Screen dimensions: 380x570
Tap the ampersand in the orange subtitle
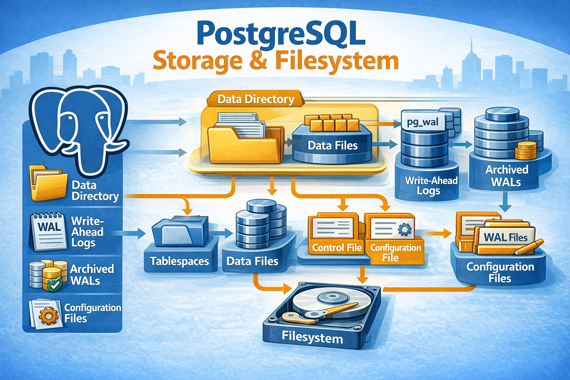coord(259,61)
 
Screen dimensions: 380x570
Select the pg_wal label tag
coord(423,122)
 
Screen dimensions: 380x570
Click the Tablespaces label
coord(180,261)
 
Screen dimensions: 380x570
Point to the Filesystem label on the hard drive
coord(312,338)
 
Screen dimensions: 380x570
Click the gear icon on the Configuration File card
coord(404,230)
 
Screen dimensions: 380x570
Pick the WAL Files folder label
coord(505,237)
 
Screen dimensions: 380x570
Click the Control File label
coord(337,248)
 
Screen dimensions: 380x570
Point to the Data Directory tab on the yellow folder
coord(256,99)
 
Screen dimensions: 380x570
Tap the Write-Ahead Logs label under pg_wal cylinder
coord(431,186)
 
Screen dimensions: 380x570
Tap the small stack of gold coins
coord(525,150)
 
